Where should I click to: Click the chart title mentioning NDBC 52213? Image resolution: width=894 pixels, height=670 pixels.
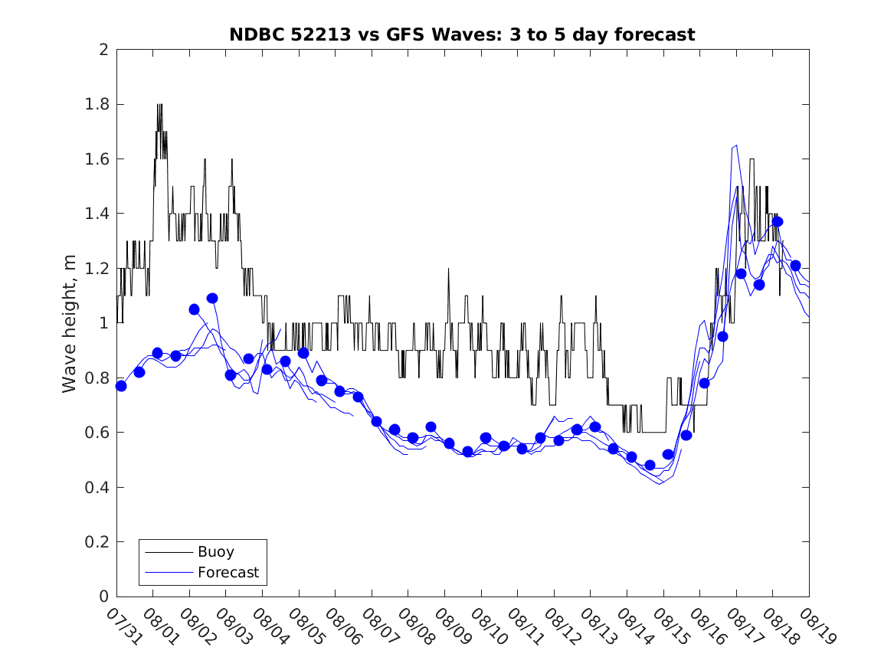pos(462,34)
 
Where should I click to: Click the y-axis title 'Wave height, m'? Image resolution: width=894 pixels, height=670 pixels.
pos(70,324)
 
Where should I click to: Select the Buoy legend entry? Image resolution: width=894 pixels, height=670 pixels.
pos(216,551)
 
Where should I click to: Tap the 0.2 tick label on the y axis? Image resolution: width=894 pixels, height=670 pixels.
pos(99,542)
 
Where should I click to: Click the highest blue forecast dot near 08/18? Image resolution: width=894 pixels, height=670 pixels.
pos(778,221)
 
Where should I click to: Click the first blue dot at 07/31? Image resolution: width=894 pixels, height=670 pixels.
pos(121,386)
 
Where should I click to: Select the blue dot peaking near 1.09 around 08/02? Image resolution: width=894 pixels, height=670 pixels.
pos(212,298)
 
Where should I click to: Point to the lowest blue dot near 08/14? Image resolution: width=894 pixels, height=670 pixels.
pos(650,465)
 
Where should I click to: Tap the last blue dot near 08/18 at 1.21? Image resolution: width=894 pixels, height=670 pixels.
pos(796,266)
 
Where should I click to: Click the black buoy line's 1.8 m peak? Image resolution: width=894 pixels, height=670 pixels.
pos(159,106)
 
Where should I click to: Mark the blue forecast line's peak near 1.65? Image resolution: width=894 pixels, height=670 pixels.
pos(735,145)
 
